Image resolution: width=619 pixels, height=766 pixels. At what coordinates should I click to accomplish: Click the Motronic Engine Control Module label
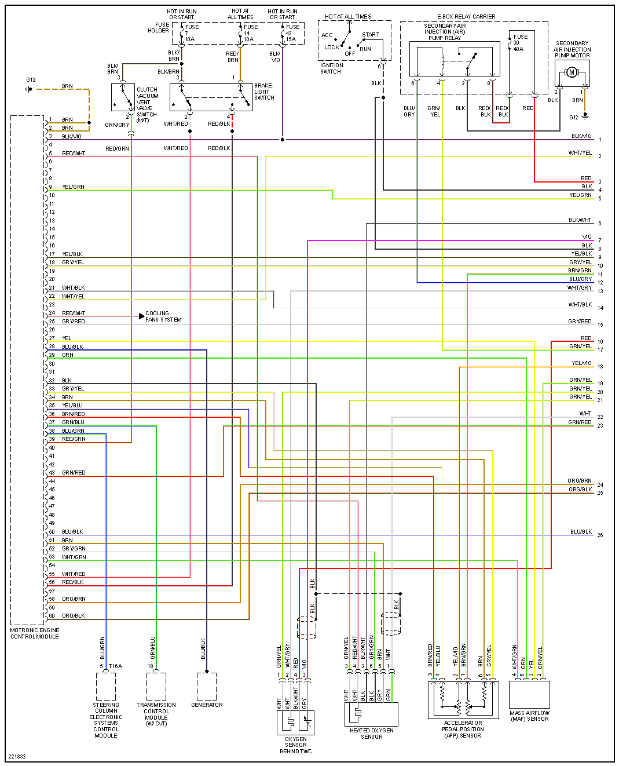[x=35, y=633]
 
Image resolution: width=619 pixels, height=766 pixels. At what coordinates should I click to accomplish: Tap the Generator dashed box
[x=207, y=686]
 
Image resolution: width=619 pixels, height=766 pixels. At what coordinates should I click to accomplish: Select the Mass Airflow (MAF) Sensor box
[x=529, y=694]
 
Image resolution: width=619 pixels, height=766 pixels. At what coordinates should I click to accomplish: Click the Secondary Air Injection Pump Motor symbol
[x=572, y=72]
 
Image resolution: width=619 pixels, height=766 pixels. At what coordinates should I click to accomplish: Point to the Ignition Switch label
[x=331, y=68]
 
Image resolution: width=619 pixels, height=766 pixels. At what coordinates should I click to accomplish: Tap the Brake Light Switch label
[x=264, y=92]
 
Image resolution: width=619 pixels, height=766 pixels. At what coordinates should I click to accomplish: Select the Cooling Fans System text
[x=163, y=316]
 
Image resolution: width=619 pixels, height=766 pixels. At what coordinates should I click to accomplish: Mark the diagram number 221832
[x=17, y=756]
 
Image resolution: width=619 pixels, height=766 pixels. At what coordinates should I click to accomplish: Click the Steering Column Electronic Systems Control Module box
[x=106, y=686]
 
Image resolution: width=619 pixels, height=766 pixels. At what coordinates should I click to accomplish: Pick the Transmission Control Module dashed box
[x=156, y=686]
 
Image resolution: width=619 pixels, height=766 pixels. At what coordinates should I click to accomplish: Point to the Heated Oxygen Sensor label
[x=372, y=734]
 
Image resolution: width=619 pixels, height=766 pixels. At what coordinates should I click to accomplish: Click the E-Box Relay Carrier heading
[x=466, y=17]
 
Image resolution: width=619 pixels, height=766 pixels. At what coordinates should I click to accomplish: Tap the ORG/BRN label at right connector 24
[x=580, y=481]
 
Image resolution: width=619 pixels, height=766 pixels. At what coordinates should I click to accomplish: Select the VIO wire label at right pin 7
[x=587, y=237]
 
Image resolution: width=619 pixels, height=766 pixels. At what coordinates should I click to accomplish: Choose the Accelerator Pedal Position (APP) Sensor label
[x=463, y=729]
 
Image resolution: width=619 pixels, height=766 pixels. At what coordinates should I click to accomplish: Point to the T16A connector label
[x=115, y=666]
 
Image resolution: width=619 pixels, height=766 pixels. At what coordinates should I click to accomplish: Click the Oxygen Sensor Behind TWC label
[x=296, y=745]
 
